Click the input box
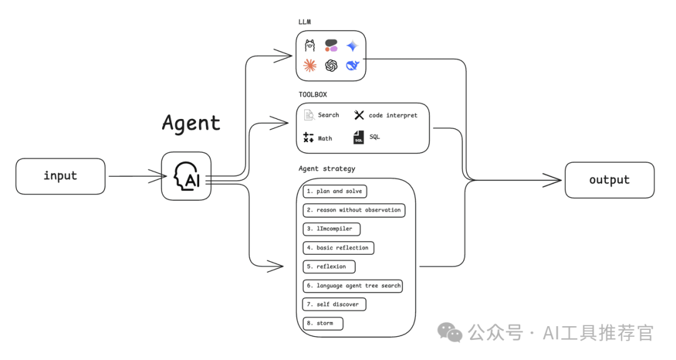[60, 176]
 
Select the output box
[609, 180]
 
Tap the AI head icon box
[186, 176]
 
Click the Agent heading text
[191, 123]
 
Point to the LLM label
[305, 22]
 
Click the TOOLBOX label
[312, 95]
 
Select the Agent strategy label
[327, 169]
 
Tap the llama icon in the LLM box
[310, 46]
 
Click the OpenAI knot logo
[331, 65]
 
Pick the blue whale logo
[352, 65]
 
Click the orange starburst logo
[310, 65]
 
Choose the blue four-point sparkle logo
[352, 46]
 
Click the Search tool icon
[309, 115]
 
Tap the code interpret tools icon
[359, 115]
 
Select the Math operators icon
[308, 138]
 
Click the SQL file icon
[359, 137]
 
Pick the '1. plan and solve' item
[334, 191]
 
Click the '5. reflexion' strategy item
[329, 267]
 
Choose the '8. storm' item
[323, 324]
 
